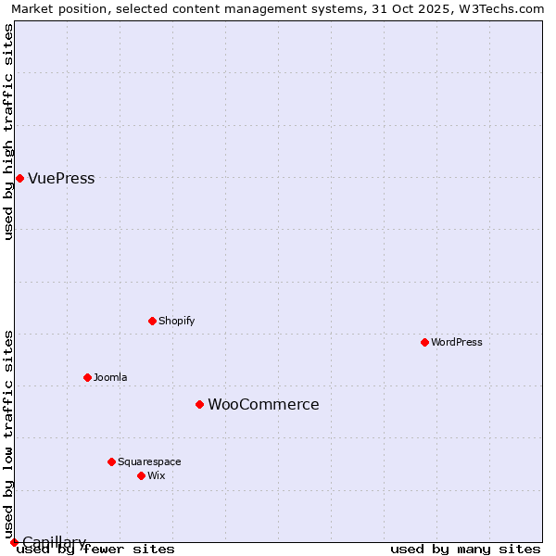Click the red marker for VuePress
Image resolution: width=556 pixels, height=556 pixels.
pyautogui.click(x=19, y=178)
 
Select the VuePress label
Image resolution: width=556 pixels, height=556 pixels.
pyautogui.click(x=61, y=179)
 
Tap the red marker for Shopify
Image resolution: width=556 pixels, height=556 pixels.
pyautogui.click(x=152, y=321)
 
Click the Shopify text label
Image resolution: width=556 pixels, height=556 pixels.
pyautogui.click(x=176, y=321)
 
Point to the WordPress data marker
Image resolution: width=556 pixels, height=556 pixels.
pyautogui.click(x=424, y=342)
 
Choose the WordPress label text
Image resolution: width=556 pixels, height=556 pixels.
pyautogui.click(x=457, y=342)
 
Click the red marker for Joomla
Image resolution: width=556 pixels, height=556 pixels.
pyautogui.click(x=87, y=377)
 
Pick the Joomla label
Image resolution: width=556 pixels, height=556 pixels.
pyautogui.click(x=110, y=377)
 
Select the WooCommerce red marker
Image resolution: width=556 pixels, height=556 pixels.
pyautogui.click(x=199, y=404)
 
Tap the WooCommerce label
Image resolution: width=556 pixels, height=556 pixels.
pyautogui.click(x=263, y=405)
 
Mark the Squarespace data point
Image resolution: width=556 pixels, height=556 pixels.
pyautogui.click(x=111, y=461)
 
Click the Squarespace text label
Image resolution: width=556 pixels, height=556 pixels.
pyautogui.click(x=149, y=461)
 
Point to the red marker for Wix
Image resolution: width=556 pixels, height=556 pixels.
pyautogui.click(x=141, y=475)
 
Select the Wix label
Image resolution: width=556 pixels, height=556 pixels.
pyautogui.click(x=156, y=475)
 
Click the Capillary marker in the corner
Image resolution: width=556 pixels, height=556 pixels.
pyautogui.click(x=14, y=542)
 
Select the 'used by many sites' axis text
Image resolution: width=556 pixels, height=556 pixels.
pyautogui.click(x=465, y=550)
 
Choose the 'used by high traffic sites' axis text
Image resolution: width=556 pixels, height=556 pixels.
pyautogui.click(x=9, y=132)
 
